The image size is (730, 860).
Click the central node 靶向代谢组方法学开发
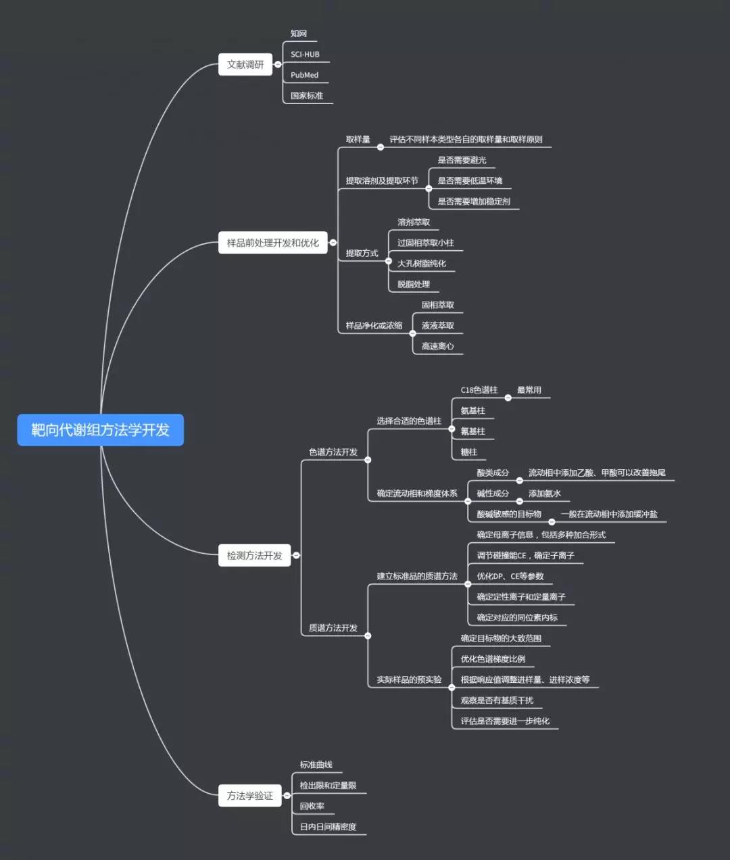(x=100, y=430)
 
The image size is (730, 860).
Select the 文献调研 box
(x=245, y=64)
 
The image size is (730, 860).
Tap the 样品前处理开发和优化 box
(x=272, y=243)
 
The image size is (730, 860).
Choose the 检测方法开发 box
(x=254, y=555)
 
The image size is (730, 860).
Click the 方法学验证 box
(x=249, y=796)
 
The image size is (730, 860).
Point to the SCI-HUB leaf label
(x=305, y=54)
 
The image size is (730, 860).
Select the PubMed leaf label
(x=304, y=75)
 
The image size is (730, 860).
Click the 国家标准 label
(x=307, y=95)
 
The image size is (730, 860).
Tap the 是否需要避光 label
(x=462, y=160)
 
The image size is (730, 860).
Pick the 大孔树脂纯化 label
(x=421, y=264)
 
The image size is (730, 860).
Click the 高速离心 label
(x=437, y=346)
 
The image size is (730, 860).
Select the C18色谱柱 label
(x=479, y=390)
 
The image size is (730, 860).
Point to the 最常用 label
(x=529, y=390)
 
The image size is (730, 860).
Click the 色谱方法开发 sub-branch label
(x=333, y=452)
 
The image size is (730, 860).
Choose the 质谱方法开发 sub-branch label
(x=333, y=627)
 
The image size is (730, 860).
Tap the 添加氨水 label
(x=544, y=494)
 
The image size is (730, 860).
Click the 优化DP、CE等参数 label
(x=510, y=576)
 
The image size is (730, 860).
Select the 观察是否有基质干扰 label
(x=497, y=700)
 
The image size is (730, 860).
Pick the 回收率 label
(x=312, y=806)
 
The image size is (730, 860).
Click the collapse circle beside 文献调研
(x=278, y=64)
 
